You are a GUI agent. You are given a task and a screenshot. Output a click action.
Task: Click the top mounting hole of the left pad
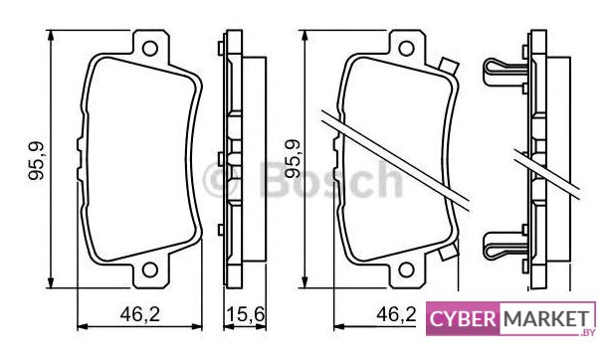(x=150, y=49)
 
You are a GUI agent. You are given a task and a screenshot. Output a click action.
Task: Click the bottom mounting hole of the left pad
(x=150, y=270)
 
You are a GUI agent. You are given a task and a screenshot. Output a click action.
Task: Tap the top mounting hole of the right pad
(x=406, y=49)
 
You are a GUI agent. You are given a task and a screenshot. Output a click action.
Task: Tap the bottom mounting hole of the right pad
(x=406, y=270)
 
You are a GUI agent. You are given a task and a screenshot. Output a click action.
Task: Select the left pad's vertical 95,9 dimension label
(x=37, y=161)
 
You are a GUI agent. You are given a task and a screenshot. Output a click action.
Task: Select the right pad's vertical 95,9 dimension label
(x=293, y=158)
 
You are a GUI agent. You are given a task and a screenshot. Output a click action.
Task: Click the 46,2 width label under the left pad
(x=140, y=314)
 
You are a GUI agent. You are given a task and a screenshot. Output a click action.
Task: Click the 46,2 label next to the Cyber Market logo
(x=396, y=314)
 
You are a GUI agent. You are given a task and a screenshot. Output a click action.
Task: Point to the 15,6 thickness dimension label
(x=245, y=314)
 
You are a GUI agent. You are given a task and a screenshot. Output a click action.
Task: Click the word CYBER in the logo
(x=463, y=319)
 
